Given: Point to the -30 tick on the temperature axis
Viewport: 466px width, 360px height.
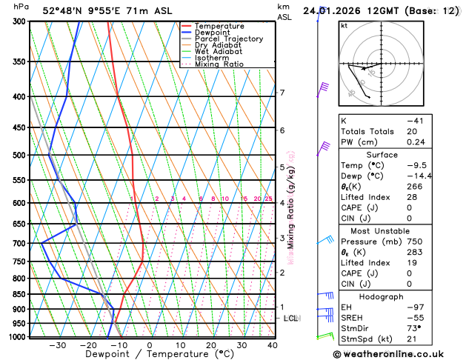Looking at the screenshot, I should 57,344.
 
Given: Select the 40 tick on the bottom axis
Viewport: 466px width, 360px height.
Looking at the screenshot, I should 273,344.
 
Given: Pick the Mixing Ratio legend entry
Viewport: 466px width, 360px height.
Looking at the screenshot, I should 219,64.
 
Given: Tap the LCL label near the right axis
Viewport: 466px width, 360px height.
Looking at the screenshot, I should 290,318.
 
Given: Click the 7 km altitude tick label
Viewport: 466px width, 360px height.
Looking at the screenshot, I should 282,93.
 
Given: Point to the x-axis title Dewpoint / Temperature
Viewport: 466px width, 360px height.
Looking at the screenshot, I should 149,354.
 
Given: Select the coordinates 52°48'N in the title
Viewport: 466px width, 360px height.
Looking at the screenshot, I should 60,11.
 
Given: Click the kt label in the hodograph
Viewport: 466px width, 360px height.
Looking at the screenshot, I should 344,25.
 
